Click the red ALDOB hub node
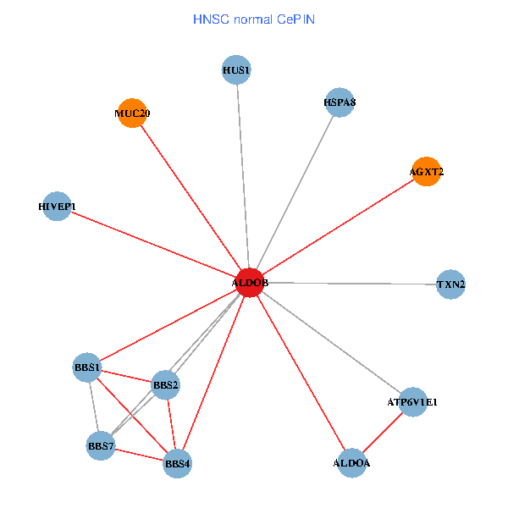[250, 282]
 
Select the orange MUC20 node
[131, 113]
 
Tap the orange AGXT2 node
[426, 172]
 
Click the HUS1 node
[237, 69]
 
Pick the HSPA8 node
[339, 103]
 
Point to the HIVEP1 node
[57, 207]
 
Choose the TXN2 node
[450, 284]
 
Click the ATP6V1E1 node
[412, 402]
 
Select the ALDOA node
[351, 462]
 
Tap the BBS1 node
[88, 367]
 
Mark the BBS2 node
[165, 386]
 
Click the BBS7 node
[101, 445]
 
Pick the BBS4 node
[177, 463]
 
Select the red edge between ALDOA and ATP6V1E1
[382, 433]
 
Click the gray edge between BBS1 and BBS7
[94, 406]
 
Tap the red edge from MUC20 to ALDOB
[190, 197]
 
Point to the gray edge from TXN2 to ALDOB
[351, 284]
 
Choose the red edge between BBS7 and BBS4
[139, 455]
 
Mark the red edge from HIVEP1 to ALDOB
[152, 244]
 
